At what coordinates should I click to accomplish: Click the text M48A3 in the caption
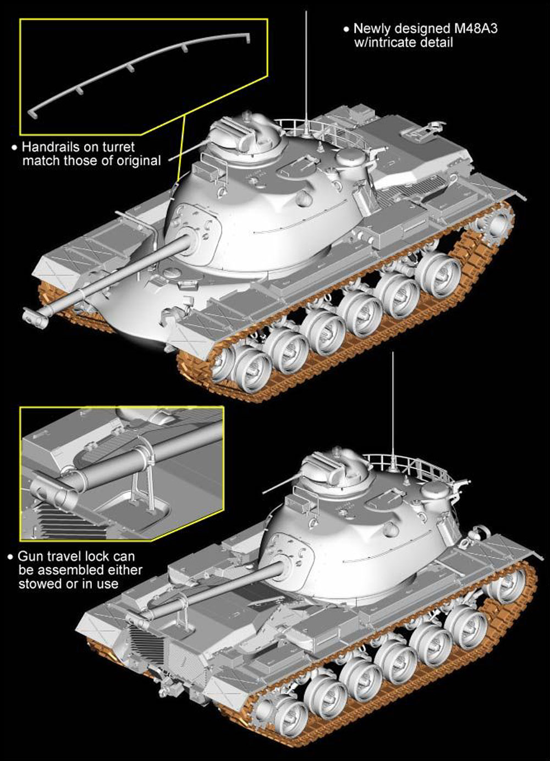476,29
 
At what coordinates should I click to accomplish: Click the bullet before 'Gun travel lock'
11,557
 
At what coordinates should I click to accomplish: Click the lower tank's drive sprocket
268,707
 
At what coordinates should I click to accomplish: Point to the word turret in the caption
118,147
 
